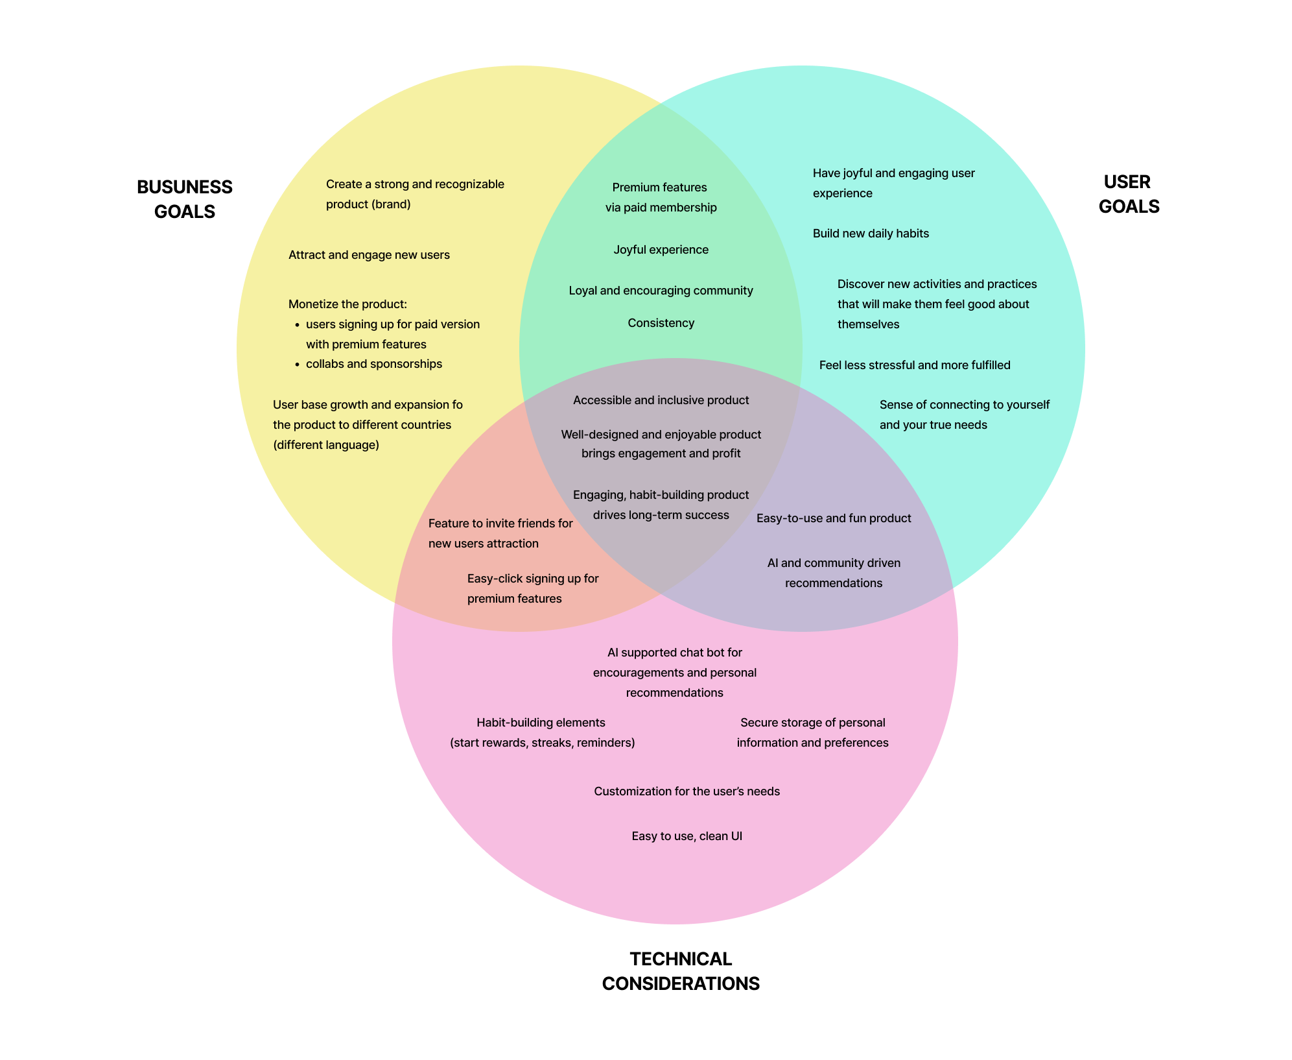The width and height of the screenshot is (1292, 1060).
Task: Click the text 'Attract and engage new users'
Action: click(369, 255)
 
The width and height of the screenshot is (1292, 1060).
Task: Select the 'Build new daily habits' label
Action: click(871, 234)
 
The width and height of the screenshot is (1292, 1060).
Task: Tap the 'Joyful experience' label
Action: click(661, 250)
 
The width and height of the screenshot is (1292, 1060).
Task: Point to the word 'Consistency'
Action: click(661, 323)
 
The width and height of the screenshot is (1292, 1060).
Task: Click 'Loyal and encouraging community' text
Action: click(661, 291)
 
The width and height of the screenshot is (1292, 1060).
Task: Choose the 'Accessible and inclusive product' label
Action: click(661, 400)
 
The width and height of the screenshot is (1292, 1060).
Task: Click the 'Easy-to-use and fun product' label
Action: click(834, 518)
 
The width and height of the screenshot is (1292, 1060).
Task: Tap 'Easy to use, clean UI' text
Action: click(687, 836)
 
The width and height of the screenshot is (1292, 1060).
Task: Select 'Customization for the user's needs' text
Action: click(687, 791)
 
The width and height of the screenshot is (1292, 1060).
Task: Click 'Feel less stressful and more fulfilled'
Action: click(914, 365)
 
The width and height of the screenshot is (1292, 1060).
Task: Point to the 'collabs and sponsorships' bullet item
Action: click(373, 364)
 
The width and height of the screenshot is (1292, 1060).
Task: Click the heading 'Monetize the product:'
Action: click(347, 304)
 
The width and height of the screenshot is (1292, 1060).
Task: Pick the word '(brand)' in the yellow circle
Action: click(391, 204)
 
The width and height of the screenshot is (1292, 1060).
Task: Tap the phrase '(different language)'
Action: click(325, 445)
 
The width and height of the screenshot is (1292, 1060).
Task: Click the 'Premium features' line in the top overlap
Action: click(659, 187)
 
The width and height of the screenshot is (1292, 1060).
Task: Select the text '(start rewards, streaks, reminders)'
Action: click(542, 743)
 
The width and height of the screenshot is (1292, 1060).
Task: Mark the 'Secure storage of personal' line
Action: click(812, 723)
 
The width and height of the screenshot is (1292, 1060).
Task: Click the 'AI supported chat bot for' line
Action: click(674, 653)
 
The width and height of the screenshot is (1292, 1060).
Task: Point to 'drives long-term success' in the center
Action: click(661, 515)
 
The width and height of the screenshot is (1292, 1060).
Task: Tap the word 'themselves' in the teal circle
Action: click(868, 324)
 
